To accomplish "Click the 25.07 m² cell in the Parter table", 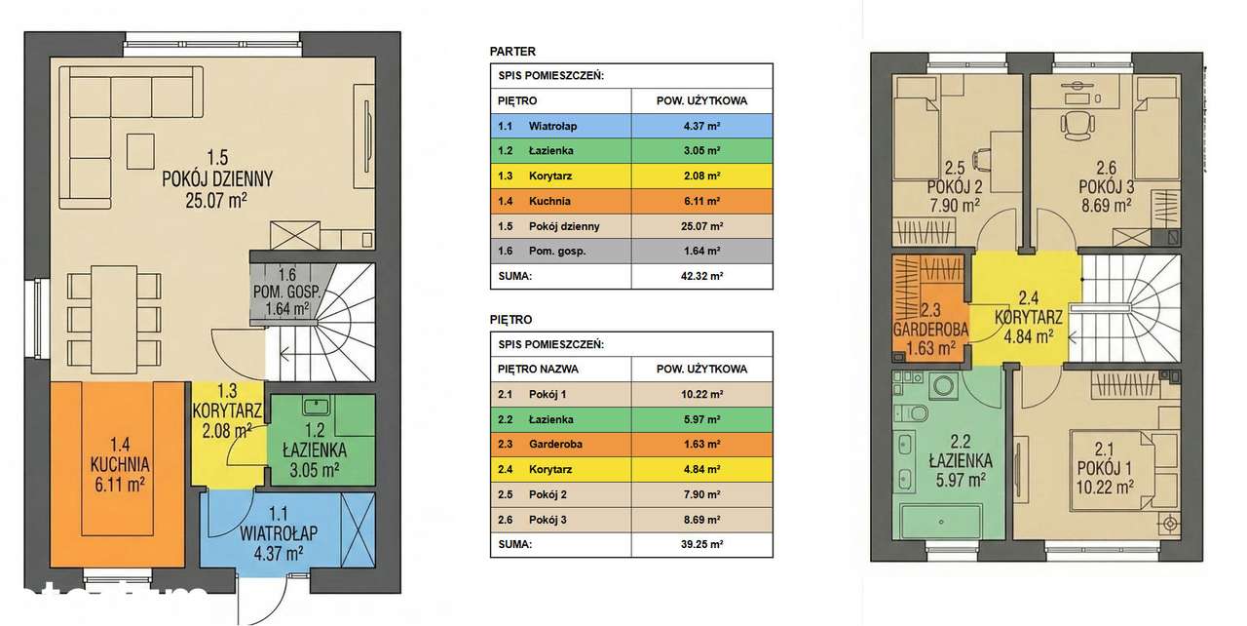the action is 701,226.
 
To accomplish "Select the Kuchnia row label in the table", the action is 549,201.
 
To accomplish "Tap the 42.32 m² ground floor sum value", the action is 701,276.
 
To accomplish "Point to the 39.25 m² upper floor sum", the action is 701,544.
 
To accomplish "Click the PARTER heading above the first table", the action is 512,52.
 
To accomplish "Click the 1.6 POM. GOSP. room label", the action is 286,292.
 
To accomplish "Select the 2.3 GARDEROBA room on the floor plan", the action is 930,329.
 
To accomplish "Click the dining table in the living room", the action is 114,319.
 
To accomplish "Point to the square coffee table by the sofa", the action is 140,151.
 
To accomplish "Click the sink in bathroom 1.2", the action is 317,406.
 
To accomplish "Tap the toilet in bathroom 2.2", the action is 914,413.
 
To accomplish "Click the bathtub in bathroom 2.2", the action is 941,522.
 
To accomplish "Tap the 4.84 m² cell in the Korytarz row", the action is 701,469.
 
